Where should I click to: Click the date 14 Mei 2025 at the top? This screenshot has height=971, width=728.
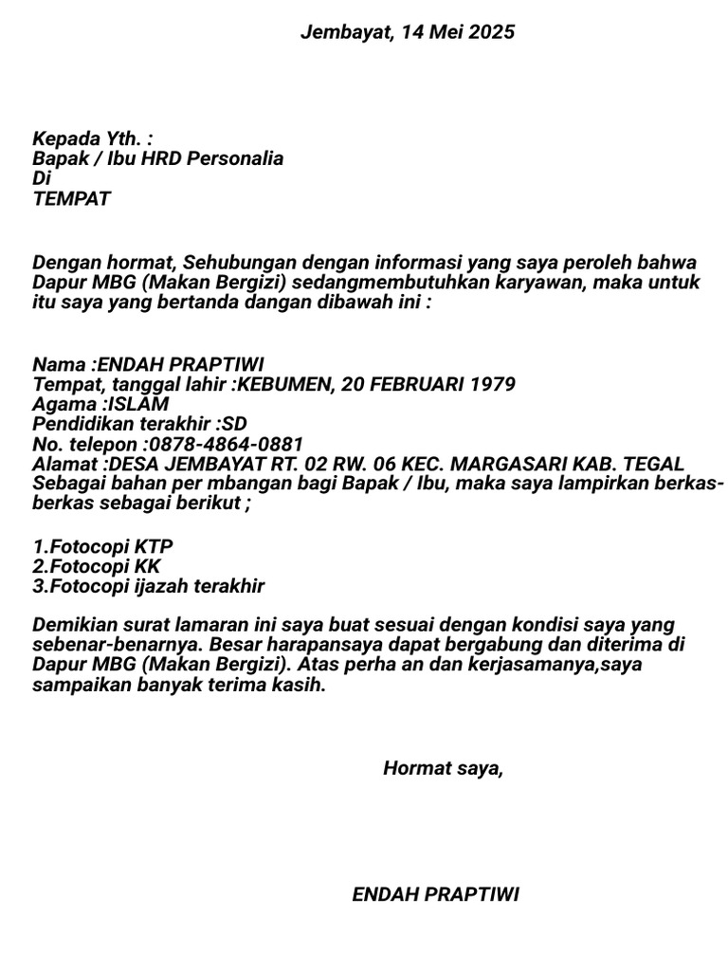coord(458,32)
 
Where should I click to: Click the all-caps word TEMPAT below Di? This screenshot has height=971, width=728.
coord(71,198)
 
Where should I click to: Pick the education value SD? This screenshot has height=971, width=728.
coord(233,424)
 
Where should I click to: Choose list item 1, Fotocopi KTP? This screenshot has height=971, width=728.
coord(102,546)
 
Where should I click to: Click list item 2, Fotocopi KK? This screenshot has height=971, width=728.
coord(98,566)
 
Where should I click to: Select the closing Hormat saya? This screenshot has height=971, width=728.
coord(443,768)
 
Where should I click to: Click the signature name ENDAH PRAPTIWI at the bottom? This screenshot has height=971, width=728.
coord(435,894)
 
